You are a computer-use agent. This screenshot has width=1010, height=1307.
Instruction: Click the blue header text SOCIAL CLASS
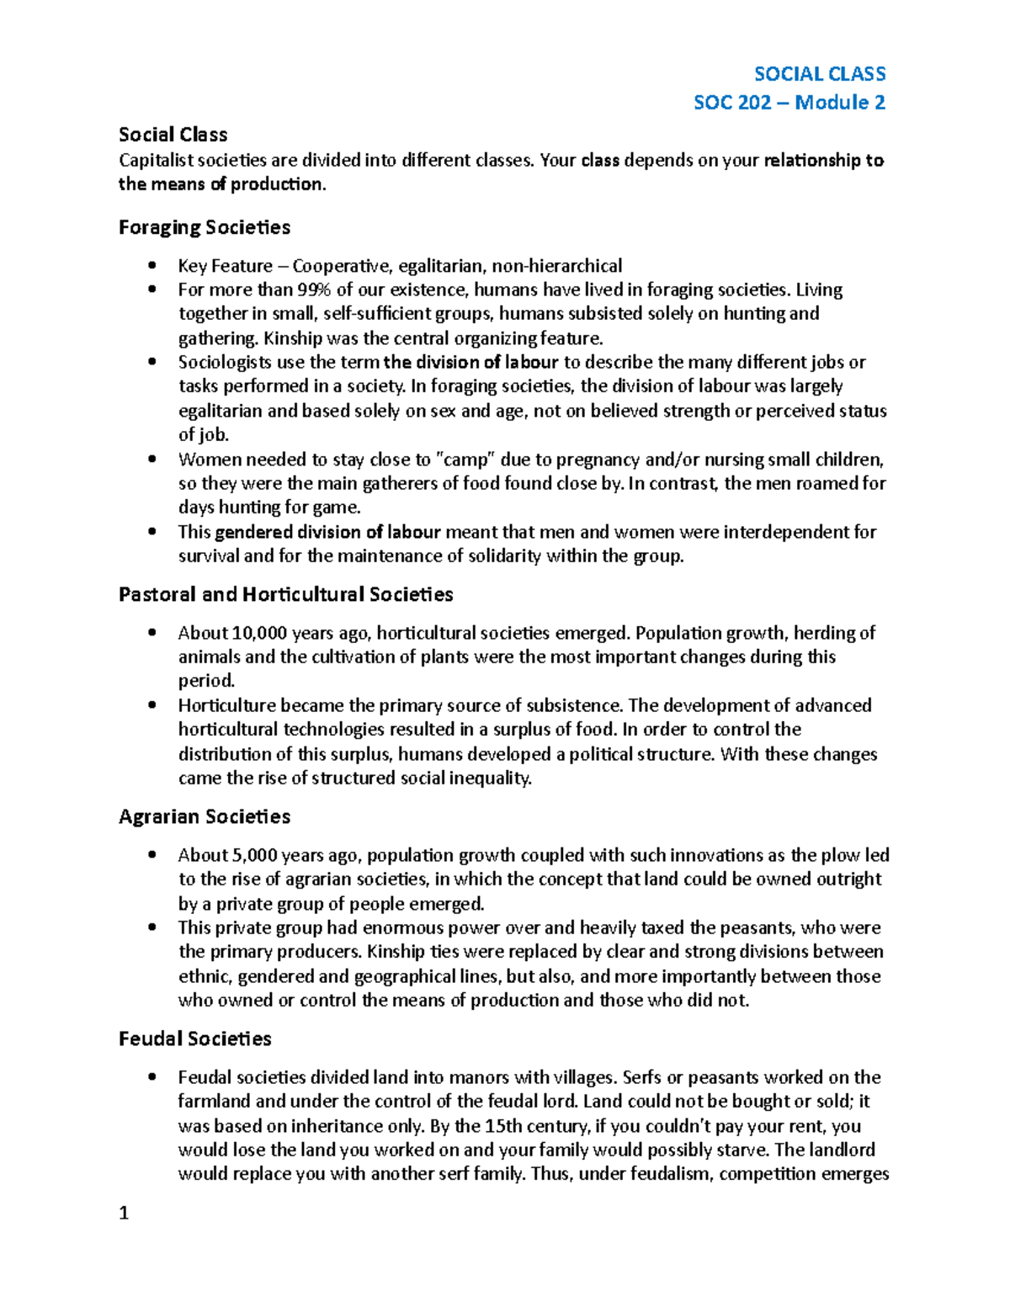819,74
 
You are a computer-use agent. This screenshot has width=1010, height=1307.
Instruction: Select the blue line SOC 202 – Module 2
789,103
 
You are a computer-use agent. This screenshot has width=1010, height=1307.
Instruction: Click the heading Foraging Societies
205,227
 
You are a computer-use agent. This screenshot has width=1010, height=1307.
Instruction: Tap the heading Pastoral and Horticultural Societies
285,594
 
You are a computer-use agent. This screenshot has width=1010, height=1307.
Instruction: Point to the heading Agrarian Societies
205,816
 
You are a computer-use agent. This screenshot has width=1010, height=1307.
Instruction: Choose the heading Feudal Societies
194,1039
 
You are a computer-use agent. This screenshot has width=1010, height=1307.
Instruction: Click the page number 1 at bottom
124,1213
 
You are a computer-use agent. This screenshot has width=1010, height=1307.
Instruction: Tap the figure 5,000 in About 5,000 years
254,855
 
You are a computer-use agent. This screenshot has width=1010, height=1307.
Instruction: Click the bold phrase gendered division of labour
327,532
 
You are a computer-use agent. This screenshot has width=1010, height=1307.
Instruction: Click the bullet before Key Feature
151,266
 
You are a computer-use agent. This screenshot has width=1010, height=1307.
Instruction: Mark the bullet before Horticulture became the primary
151,705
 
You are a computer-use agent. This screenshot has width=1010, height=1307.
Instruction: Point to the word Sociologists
225,363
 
